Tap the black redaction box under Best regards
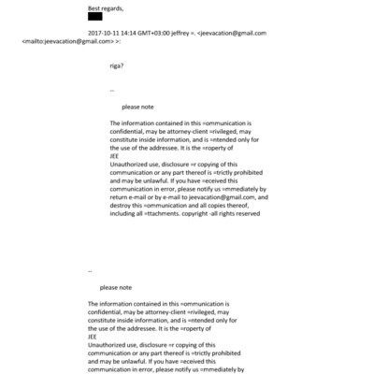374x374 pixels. [x=94, y=16]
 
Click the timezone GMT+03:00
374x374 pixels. [x=169, y=33]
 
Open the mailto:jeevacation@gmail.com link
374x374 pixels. [x=72, y=41]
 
